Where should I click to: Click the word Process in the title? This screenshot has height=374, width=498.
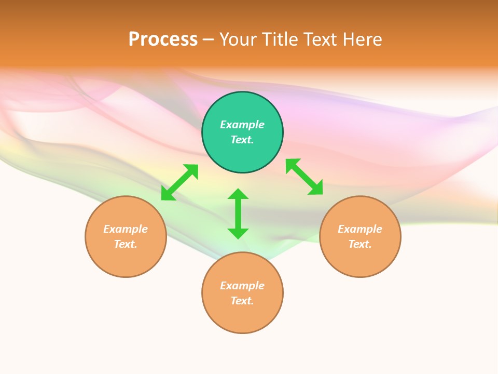(x=163, y=39)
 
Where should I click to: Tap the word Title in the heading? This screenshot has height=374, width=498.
(x=281, y=39)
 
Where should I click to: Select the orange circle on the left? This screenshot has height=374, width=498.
(x=126, y=260)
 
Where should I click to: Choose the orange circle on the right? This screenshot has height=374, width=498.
(x=360, y=260)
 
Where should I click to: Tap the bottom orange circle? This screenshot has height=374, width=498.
(x=242, y=317)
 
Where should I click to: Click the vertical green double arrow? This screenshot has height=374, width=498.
(x=238, y=213)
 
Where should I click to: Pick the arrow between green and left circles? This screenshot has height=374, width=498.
(x=179, y=182)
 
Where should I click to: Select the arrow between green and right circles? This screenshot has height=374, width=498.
(x=305, y=177)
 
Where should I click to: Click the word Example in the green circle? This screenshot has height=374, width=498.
(x=242, y=125)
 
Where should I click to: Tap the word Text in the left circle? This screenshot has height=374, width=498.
(x=126, y=244)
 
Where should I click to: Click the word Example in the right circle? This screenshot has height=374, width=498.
(x=360, y=229)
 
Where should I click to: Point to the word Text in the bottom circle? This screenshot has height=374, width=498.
(x=242, y=301)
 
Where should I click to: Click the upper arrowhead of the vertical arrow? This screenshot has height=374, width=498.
(x=238, y=194)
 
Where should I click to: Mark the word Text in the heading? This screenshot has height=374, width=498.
(x=322, y=39)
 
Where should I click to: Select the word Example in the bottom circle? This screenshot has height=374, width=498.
(x=242, y=286)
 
